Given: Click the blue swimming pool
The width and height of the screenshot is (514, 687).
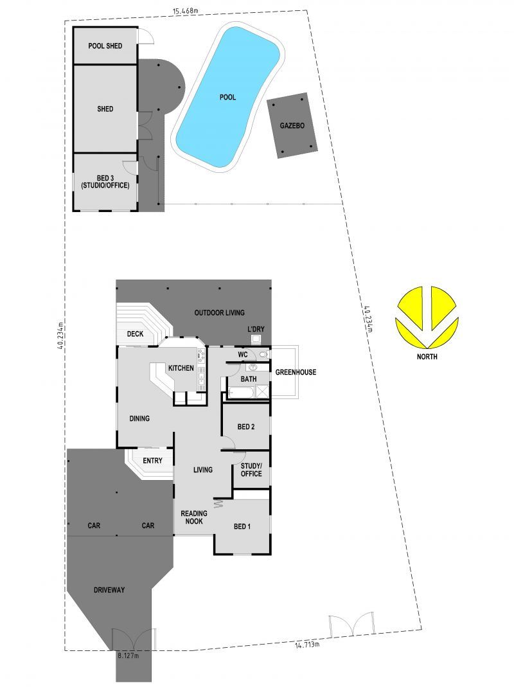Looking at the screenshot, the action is [x=228, y=97].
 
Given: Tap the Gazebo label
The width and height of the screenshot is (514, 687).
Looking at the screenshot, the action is [x=292, y=126].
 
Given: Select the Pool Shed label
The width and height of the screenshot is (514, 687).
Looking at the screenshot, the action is [x=105, y=46].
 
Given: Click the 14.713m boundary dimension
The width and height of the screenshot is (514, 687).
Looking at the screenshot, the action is [x=307, y=644].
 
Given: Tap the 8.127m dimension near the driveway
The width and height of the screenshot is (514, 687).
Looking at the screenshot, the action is [x=128, y=656].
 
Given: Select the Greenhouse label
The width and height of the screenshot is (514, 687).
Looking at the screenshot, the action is [x=296, y=372].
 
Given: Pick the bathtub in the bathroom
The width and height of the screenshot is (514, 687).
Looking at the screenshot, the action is [x=240, y=391].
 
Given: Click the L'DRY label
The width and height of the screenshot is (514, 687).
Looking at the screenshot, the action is [x=256, y=329].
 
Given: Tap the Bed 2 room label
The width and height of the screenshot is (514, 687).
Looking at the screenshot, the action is [x=246, y=427].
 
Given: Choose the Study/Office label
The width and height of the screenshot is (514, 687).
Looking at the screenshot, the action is [x=251, y=470].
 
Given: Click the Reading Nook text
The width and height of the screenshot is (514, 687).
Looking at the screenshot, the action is [x=193, y=517].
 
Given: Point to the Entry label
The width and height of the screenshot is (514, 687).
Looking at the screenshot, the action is [x=152, y=461].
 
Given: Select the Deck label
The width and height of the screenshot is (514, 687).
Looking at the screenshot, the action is [x=135, y=334].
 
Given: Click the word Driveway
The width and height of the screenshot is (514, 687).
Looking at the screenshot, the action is [x=109, y=590].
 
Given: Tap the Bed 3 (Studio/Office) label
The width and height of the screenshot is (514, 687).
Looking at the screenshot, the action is [x=105, y=182].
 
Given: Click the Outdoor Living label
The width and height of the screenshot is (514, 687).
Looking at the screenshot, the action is [x=220, y=313].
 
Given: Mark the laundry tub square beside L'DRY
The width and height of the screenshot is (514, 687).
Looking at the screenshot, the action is [x=256, y=339].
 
